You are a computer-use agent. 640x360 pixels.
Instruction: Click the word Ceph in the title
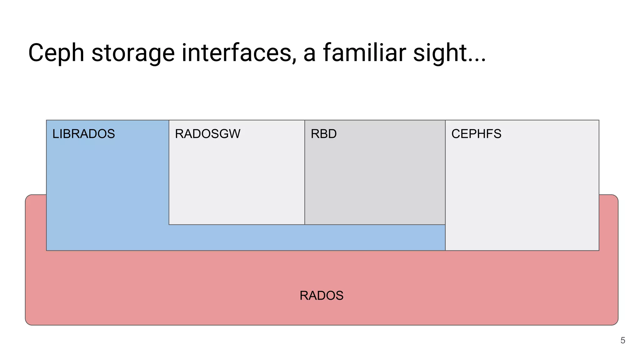[56, 53]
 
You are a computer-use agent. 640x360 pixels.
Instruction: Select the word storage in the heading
[133, 53]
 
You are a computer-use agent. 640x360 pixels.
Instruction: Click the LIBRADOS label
[83, 134]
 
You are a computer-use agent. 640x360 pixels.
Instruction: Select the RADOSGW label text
[207, 134]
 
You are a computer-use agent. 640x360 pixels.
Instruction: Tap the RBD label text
[323, 134]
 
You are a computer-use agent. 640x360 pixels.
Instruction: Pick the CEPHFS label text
[476, 134]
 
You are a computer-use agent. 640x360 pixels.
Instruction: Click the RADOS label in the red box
[321, 296]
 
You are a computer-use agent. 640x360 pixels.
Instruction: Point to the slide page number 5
[622, 340]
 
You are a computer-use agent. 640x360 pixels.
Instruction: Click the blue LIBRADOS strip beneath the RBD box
[375, 237]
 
